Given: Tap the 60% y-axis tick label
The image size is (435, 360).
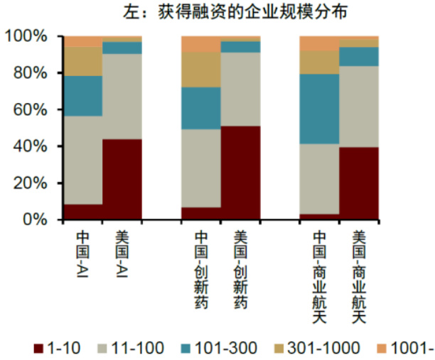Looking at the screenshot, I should tap(28, 110).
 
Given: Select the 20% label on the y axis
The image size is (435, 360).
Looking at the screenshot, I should tap(28, 183).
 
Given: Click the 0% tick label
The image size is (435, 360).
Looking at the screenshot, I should tap(33, 220).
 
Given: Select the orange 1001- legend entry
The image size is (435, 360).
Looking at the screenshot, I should tap(405, 348).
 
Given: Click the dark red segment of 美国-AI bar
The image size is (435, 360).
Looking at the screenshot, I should tap(122, 179).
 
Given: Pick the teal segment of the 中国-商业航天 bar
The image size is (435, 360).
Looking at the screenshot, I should tap(319, 109).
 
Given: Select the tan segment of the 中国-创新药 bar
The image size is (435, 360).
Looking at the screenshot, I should tap(201, 70).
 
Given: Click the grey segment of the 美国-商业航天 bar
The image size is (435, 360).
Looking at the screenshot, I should tap(358, 107).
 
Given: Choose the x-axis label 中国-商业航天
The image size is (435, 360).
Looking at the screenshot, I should tap(319, 277).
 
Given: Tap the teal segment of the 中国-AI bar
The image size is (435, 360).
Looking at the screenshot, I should tap(83, 96).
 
